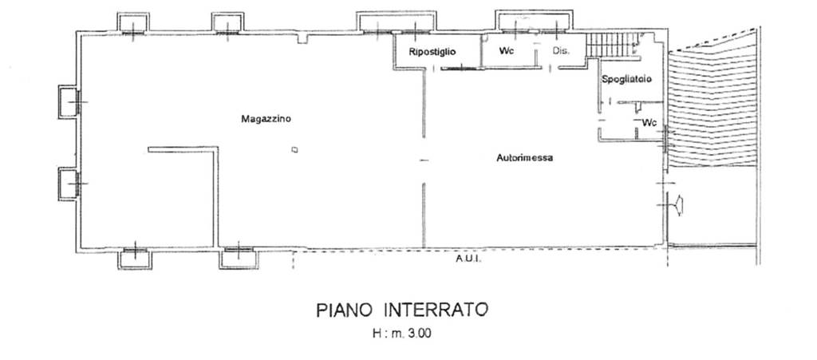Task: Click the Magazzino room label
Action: coord(266,119)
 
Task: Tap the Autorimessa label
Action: coord(525,158)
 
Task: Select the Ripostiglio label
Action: coord(432,52)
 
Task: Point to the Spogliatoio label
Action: coord(627,79)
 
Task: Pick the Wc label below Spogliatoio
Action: coord(649,123)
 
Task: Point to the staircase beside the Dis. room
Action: coord(613,44)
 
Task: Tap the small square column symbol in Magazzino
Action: coord(295,150)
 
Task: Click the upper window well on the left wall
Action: coord(68,101)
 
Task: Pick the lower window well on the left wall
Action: coord(68,184)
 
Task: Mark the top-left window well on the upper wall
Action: coord(133,23)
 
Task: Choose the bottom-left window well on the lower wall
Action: coord(135,259)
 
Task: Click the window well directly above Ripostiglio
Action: coord(397,22)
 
